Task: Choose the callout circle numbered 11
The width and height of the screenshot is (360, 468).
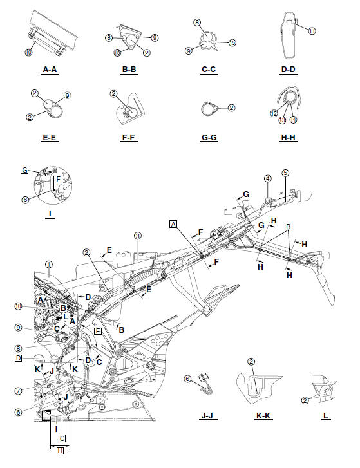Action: pyautogui.click(x=312, y=30)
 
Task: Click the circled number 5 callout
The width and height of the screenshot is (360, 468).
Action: pyautogui.click(x=286, y=173)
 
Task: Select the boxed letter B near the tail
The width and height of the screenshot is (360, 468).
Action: pyautogui.click(x=289, y=226)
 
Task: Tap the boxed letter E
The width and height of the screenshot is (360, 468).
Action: pyautogui.click(x=97, y=330)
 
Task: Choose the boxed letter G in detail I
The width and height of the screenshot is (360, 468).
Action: pyautogui.click(x=24, y=170)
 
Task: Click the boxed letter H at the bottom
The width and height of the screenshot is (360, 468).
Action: pyautogui.click(x=61, y=451)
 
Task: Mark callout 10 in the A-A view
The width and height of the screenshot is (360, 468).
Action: pyautogui.click(x=29, y=52)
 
